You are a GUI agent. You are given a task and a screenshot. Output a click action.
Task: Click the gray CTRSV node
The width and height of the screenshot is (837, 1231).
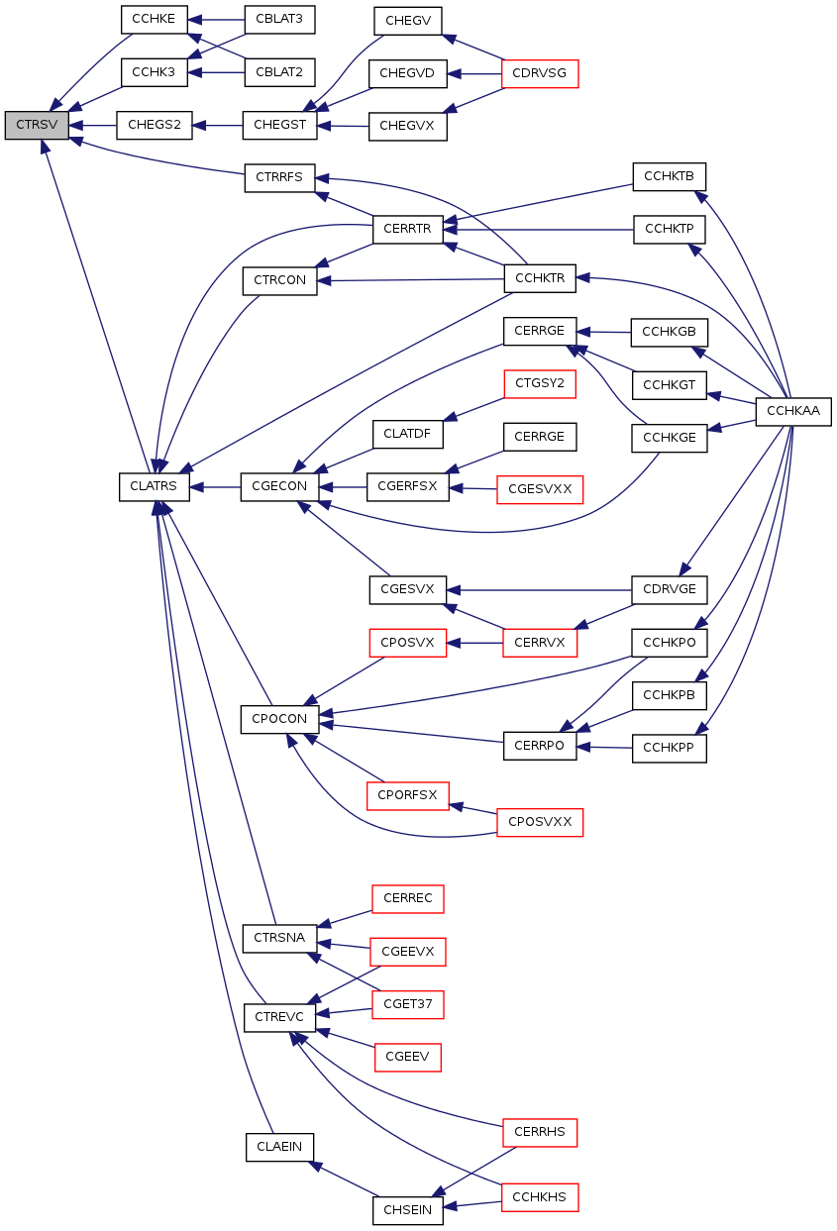37,126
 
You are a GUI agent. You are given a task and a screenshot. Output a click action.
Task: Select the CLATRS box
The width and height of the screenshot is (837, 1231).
155,487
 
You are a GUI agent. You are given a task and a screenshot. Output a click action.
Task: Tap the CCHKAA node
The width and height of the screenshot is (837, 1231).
793,412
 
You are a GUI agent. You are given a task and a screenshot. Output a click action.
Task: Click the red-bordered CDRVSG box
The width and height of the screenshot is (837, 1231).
540,73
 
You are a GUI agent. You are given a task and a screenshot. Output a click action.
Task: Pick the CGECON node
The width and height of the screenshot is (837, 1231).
279,487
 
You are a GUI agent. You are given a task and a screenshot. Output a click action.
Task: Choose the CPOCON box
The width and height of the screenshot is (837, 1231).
279,719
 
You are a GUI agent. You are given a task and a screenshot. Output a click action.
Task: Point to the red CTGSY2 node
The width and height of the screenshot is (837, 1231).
540,383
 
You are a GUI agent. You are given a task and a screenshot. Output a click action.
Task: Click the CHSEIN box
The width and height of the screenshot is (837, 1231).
408,1210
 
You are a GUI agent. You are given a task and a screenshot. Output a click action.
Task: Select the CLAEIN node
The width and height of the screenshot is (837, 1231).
279,1147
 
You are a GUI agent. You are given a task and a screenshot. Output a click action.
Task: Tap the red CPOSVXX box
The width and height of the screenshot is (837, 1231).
540,823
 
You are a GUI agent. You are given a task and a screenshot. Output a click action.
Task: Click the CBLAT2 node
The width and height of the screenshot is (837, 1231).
279,72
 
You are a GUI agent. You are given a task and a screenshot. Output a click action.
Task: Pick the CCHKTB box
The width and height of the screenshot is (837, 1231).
670,177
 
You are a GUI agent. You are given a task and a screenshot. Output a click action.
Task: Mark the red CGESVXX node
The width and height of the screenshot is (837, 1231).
540,489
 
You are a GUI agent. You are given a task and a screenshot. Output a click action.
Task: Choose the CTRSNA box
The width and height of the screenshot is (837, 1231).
279,939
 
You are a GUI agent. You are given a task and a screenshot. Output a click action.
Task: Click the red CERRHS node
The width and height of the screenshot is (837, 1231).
540,1133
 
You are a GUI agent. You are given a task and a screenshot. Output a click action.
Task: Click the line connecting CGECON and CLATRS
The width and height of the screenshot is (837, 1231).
215,487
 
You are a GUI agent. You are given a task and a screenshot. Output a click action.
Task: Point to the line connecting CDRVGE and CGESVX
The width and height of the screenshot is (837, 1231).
539,591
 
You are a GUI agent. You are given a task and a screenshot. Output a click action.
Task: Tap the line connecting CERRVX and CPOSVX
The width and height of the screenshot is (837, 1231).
474,644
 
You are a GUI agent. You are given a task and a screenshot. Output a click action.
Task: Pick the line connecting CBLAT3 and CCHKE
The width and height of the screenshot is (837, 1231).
216,21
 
